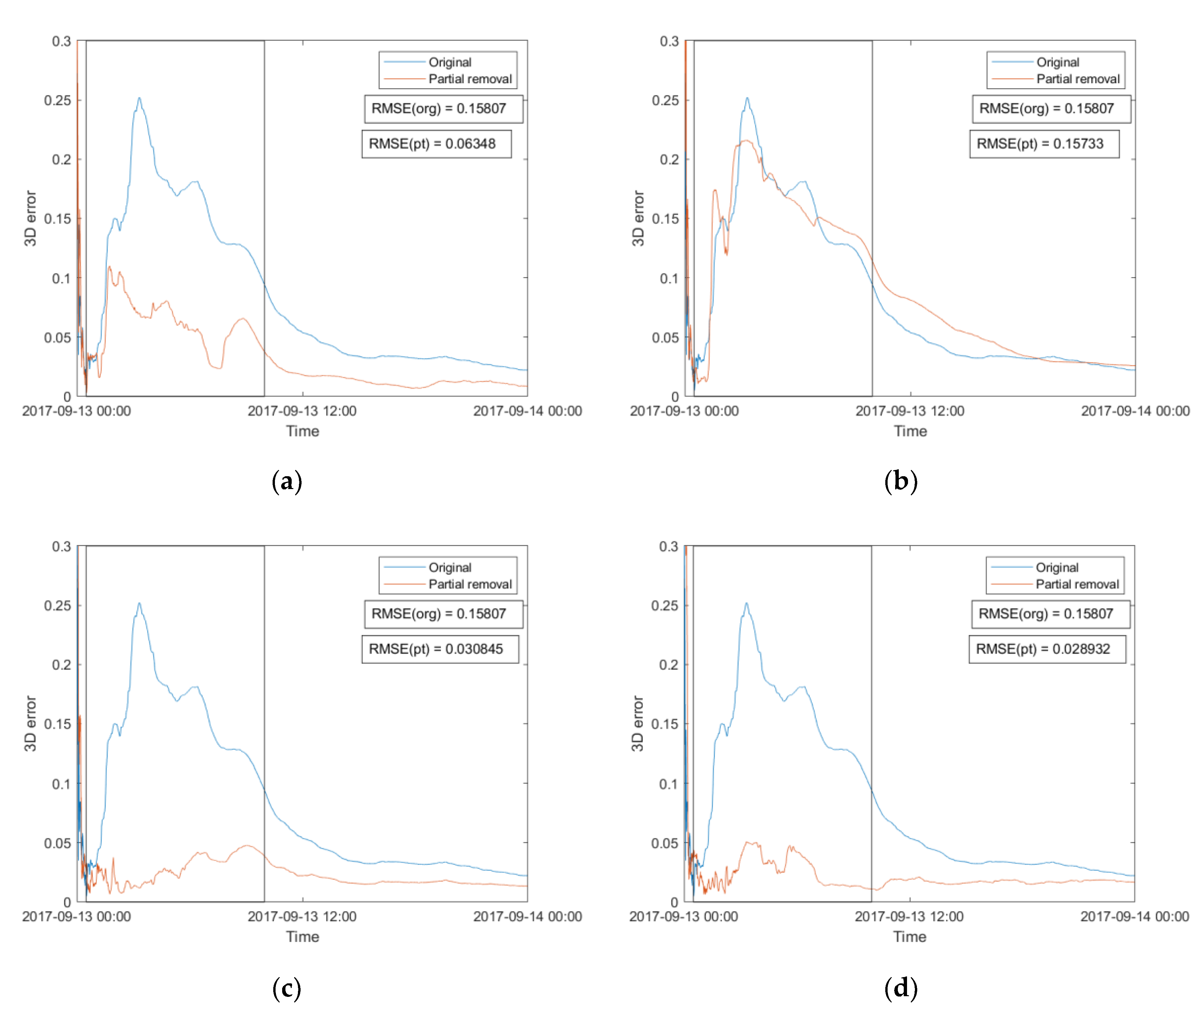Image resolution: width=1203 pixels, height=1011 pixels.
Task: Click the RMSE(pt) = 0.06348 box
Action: coord(436,144)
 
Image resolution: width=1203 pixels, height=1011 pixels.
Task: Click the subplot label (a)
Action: coord(287,481)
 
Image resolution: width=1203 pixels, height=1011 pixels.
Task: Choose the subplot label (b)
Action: coord(901,481)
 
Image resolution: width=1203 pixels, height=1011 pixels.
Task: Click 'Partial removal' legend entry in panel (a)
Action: coord(469,79)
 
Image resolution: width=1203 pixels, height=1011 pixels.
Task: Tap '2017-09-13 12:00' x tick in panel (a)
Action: coord(302,411)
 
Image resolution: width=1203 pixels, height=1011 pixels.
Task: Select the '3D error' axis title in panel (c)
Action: coord(30,724)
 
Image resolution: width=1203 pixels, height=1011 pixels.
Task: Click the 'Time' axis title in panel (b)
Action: coord(910,431)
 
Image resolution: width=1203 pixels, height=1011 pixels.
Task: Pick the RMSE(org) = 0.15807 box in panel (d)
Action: coord(1050,614)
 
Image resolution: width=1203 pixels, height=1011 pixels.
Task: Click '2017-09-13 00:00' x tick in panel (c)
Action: coord(76,917)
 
